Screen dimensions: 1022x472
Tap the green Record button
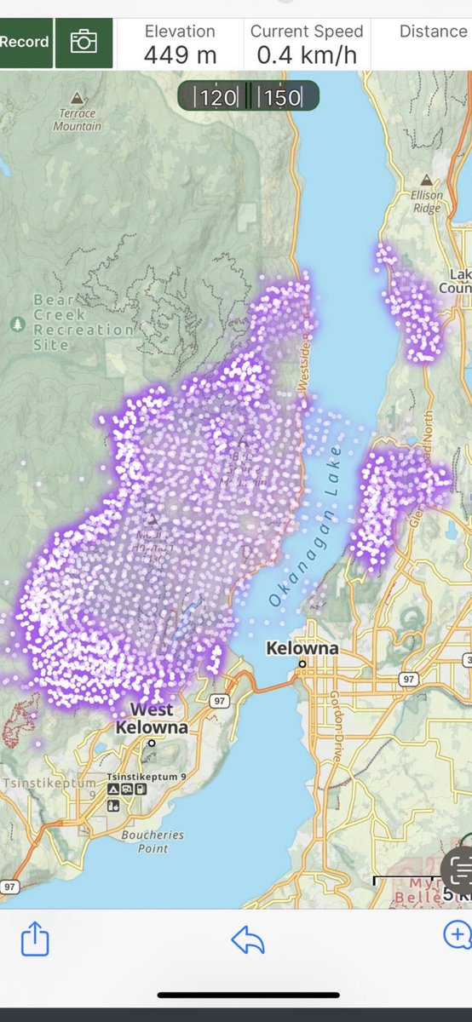pos(25,42)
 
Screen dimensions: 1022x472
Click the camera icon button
pos(83,42)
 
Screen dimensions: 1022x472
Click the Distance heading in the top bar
pos(433,32)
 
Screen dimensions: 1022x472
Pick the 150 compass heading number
pos(281,97)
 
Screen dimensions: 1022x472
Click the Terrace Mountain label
pos(78,119)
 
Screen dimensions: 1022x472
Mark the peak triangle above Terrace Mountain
pos(78,96)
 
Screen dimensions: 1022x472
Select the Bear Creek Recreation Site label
pos(83,323)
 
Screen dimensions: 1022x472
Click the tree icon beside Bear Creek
pos(17,324)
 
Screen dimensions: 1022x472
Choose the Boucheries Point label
pos(147,841)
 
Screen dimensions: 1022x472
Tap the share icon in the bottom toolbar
pos(35,939)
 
